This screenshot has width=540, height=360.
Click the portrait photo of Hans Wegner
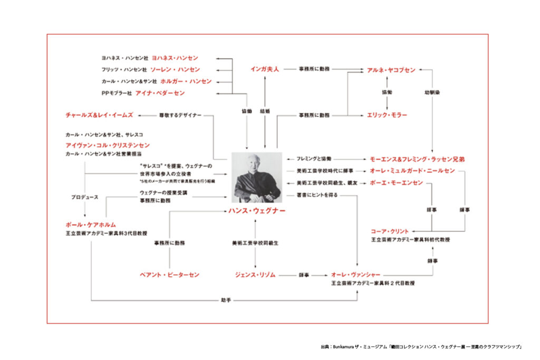257,178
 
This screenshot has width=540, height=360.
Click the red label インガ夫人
264,69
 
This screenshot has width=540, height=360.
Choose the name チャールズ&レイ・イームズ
99,114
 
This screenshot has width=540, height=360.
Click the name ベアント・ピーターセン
170,275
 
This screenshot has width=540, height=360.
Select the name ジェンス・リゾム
256,275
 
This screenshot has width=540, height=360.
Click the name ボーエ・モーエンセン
396,183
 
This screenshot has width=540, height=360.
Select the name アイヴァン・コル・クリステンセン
108,145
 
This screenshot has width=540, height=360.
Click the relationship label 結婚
265,111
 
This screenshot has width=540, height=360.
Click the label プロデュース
85,197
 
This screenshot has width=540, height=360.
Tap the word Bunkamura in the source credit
345,346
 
